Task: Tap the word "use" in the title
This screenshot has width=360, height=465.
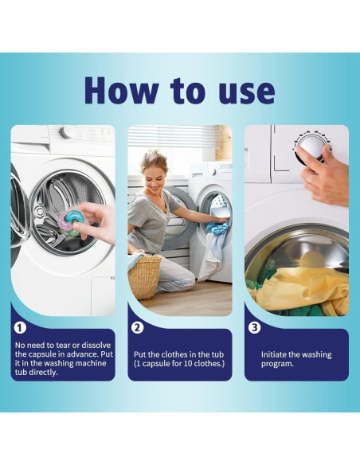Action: [247, 93]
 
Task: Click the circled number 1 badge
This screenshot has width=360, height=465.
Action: [20, 328]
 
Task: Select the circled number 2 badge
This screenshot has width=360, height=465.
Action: [137, 328]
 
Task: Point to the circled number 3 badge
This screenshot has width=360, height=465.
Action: [254, 328]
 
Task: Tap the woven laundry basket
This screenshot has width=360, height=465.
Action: [144, 276]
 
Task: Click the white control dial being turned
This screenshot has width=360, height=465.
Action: [311, 147]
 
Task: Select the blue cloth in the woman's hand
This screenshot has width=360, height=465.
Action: [217, 228]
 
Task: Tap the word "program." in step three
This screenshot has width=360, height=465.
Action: [277, 364]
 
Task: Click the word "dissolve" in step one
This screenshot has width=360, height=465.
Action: [96, 346]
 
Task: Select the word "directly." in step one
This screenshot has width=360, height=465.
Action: [43, 373]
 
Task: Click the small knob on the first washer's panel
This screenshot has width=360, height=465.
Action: [65, 132]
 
